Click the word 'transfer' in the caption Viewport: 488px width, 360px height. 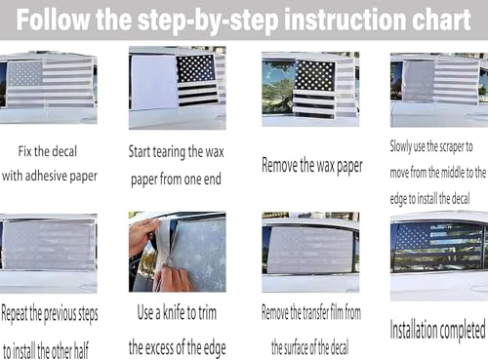pos(315,313)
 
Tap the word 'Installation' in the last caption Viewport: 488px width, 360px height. pos(413,330)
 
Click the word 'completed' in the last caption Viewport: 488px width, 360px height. pos(462,331)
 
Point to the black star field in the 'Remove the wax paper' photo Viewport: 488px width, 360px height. pos(314,76)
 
